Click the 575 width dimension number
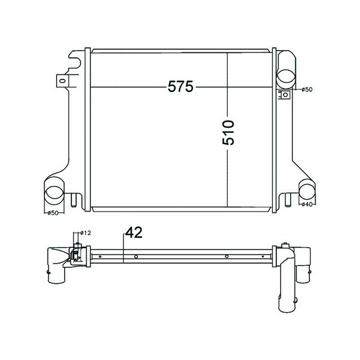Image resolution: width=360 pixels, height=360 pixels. pyautogui.click(x=180, y=87)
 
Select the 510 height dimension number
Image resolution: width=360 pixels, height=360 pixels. pyautogui.click(x=228, y=132)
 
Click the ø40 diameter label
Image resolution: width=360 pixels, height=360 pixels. pyautogui.click(x=307, y=204)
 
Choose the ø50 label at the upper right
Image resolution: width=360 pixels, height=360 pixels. pyautogui.click(x=307, y=89)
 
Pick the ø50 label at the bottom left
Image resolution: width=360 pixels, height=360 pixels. pyautogui.click(x=52, y=213)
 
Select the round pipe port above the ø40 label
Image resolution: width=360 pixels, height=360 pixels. pyautogui.click(x=307, y=189)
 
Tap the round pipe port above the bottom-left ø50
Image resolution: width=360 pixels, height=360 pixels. pyautogui.click(x=55, y=192)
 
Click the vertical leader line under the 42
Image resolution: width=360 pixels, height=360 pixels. pyautogui.click(x=123, y=250)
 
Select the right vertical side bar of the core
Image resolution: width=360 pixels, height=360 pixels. pyautogui.click(x=274, y=129)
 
